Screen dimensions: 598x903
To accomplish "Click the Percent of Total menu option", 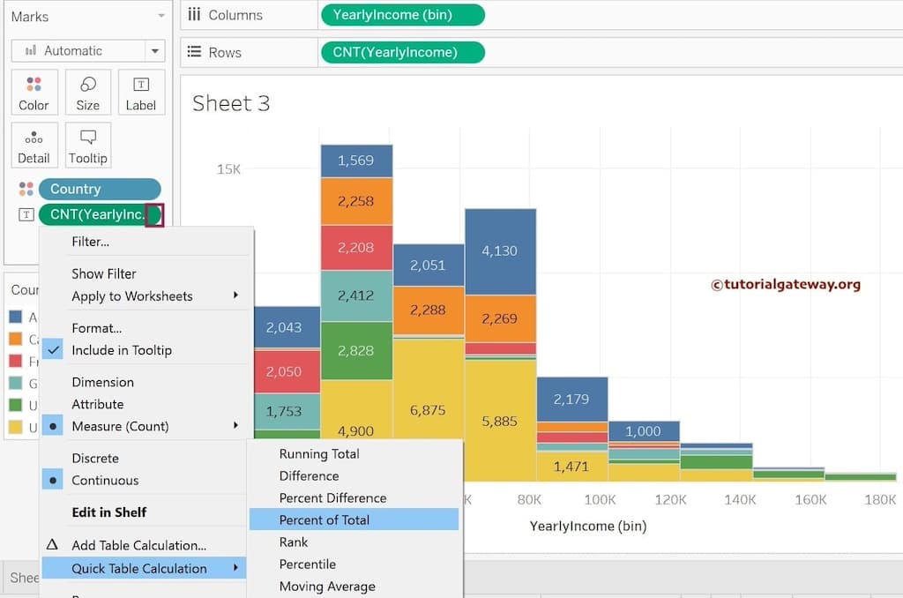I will (324, 520).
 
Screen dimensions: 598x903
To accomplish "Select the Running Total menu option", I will (318, 453).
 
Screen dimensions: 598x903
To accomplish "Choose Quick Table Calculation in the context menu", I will (139, 568).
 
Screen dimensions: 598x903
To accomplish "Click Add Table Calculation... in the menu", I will (138, 545).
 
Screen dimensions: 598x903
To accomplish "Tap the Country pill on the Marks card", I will (98, 189).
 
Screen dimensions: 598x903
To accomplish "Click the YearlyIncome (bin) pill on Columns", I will (402, 15).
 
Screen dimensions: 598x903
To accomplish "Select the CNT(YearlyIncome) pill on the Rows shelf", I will (402, 52).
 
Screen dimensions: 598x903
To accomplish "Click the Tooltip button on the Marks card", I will (87, 146).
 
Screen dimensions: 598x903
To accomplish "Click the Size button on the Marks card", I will (87, 93).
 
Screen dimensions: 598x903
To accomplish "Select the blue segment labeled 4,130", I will (500, 251).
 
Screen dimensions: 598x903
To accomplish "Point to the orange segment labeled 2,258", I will (356, 201).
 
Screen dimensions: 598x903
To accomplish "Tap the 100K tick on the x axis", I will (600, 499).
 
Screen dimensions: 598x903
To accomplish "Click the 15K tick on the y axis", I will (228, 168).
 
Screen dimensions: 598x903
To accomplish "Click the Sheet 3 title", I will (231, 103).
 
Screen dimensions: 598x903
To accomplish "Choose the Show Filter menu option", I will (104, 273).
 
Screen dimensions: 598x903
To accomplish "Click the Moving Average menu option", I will (327, 586).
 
